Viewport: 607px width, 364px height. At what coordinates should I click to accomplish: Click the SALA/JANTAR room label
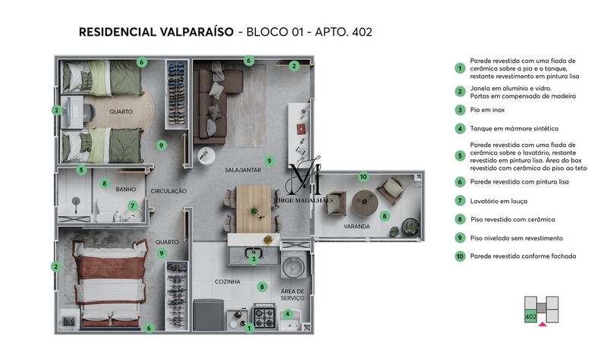[243, 171]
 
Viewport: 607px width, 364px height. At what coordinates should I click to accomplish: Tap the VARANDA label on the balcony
[356, 226]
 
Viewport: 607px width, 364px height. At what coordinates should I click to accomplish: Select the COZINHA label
[227, 281]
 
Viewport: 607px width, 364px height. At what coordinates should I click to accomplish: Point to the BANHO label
[125, 190]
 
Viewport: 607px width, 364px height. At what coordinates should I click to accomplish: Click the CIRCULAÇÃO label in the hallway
[168, 191]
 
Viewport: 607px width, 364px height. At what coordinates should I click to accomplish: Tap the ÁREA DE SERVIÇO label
[292, 294]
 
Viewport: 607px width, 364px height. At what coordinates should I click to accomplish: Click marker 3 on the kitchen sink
[253, 259]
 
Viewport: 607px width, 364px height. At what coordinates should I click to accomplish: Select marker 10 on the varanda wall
[363, 177]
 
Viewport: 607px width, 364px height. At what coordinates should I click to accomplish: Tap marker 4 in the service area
[288, 314]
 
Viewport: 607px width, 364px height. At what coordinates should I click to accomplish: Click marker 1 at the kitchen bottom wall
[249, 328]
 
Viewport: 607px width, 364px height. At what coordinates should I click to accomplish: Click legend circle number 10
[460, 256]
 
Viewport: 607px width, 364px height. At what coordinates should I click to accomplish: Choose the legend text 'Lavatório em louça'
[498, 201]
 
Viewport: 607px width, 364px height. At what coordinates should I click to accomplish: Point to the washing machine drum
[293, 268]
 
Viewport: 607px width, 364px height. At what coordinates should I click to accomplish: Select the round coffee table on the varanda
[361, 200]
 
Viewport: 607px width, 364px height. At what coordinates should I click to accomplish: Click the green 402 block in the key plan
[530, 315]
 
